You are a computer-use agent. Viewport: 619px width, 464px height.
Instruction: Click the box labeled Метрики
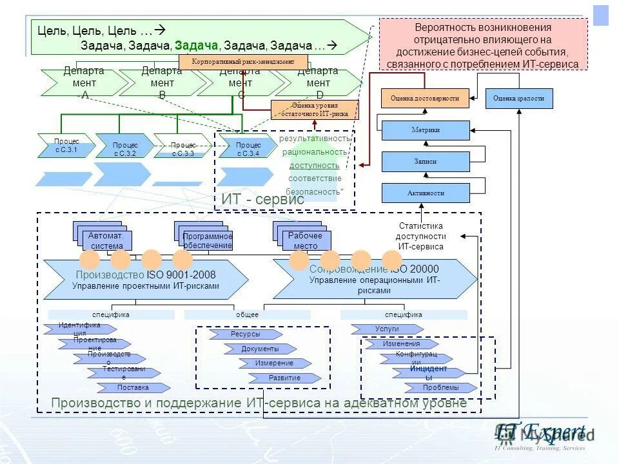click(426, 130)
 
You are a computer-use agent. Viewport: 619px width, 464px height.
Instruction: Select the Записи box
click(426, 162)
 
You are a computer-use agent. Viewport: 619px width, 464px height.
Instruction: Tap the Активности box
click(426, 193)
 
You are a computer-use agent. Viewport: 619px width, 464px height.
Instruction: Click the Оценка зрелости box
click(519, 99)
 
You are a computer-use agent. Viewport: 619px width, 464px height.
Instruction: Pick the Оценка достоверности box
click(425, 99)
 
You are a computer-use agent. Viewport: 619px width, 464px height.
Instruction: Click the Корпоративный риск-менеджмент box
click(243, 62)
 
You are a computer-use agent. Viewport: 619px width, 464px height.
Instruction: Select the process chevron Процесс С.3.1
click(66, 146)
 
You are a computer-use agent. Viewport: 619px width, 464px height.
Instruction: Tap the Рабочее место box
click(306, 240)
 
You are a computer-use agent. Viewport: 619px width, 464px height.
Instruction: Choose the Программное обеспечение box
click(207, 240)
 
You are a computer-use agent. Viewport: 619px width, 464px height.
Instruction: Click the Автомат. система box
click(107, 240)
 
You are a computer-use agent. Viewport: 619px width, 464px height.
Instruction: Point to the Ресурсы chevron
click(246, 334)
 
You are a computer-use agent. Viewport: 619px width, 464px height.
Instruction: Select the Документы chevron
click(260, 349)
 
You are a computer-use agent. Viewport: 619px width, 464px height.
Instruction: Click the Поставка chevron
click(133, 388)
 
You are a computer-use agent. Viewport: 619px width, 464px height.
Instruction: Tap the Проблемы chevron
click(441, 388)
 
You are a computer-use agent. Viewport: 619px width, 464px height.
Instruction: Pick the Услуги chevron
click(387, 329)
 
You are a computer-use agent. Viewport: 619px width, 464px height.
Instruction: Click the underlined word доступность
click(314, 166)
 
